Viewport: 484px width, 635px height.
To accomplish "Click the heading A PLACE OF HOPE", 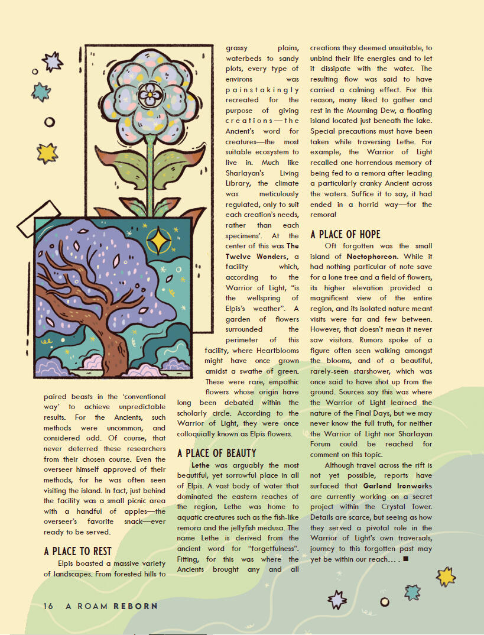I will (346, 234).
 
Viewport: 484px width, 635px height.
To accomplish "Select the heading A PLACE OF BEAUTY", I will (217, 453).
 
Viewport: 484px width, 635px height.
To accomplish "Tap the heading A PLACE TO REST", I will (78, 552).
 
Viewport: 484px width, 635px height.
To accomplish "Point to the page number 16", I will (48, 606).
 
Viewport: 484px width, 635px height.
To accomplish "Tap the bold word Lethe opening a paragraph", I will (202, 465).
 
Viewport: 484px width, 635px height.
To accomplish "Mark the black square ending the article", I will (405, 558).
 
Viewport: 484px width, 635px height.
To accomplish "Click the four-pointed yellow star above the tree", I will (158, 241).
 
